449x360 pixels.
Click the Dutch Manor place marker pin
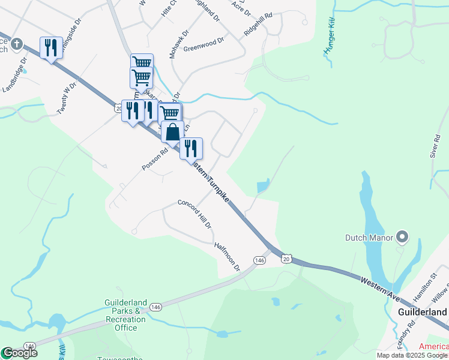(402, 238)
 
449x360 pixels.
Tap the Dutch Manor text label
(369, 238)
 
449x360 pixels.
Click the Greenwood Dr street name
(203, 44)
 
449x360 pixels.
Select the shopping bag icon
(172, 133)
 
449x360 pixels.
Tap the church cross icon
(16, 44)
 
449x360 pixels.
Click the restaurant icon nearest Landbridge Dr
(51, 47)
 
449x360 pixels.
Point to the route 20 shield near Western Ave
(286, 258)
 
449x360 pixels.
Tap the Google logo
(19, 353)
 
